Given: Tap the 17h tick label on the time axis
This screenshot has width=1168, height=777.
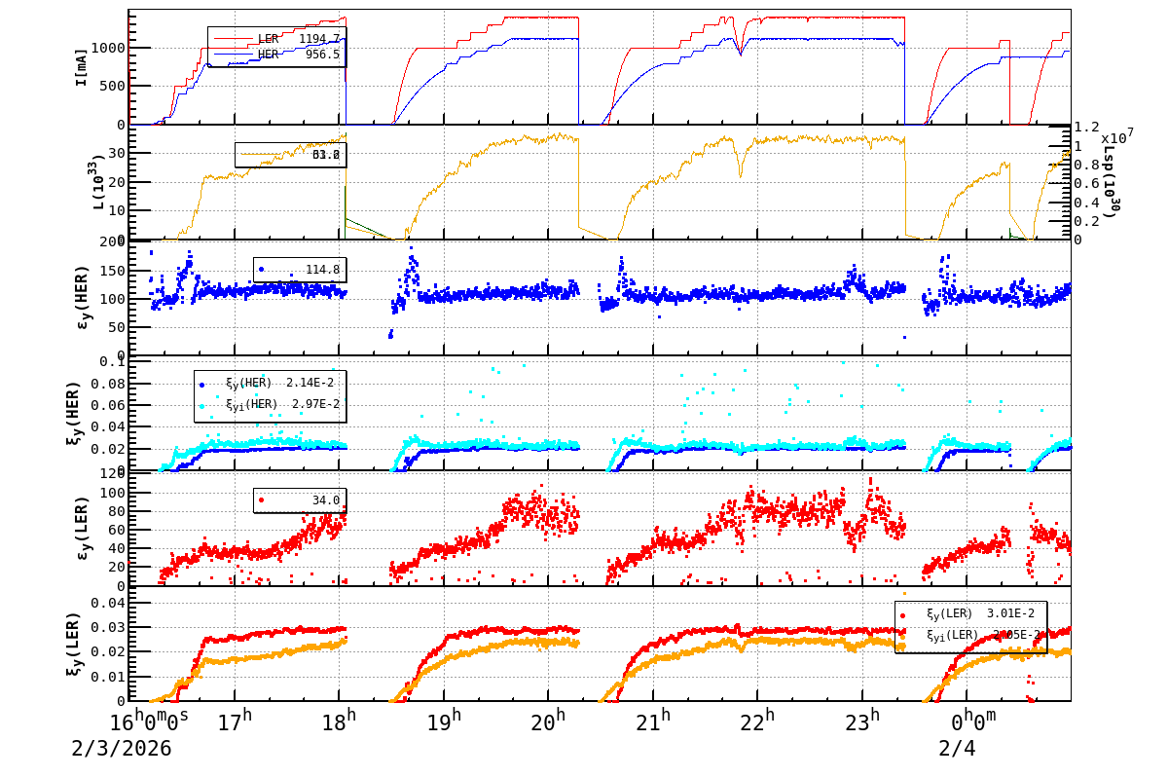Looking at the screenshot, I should click(234, 722).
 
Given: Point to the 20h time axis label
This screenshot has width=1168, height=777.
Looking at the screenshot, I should click(548, 722).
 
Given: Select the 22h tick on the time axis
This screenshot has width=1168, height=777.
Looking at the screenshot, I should click(757, 722).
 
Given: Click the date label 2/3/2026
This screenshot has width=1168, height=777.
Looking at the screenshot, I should click(121, 749).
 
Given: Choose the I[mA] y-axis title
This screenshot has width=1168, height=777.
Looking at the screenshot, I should click(82, 65).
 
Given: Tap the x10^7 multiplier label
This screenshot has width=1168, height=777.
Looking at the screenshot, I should click(1117, 136).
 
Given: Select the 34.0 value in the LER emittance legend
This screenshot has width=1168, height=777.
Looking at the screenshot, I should click(325, 500).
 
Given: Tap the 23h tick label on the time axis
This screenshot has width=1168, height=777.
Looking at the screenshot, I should click(861, 722).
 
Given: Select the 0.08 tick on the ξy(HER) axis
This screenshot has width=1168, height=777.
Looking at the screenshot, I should click(110, 383).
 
